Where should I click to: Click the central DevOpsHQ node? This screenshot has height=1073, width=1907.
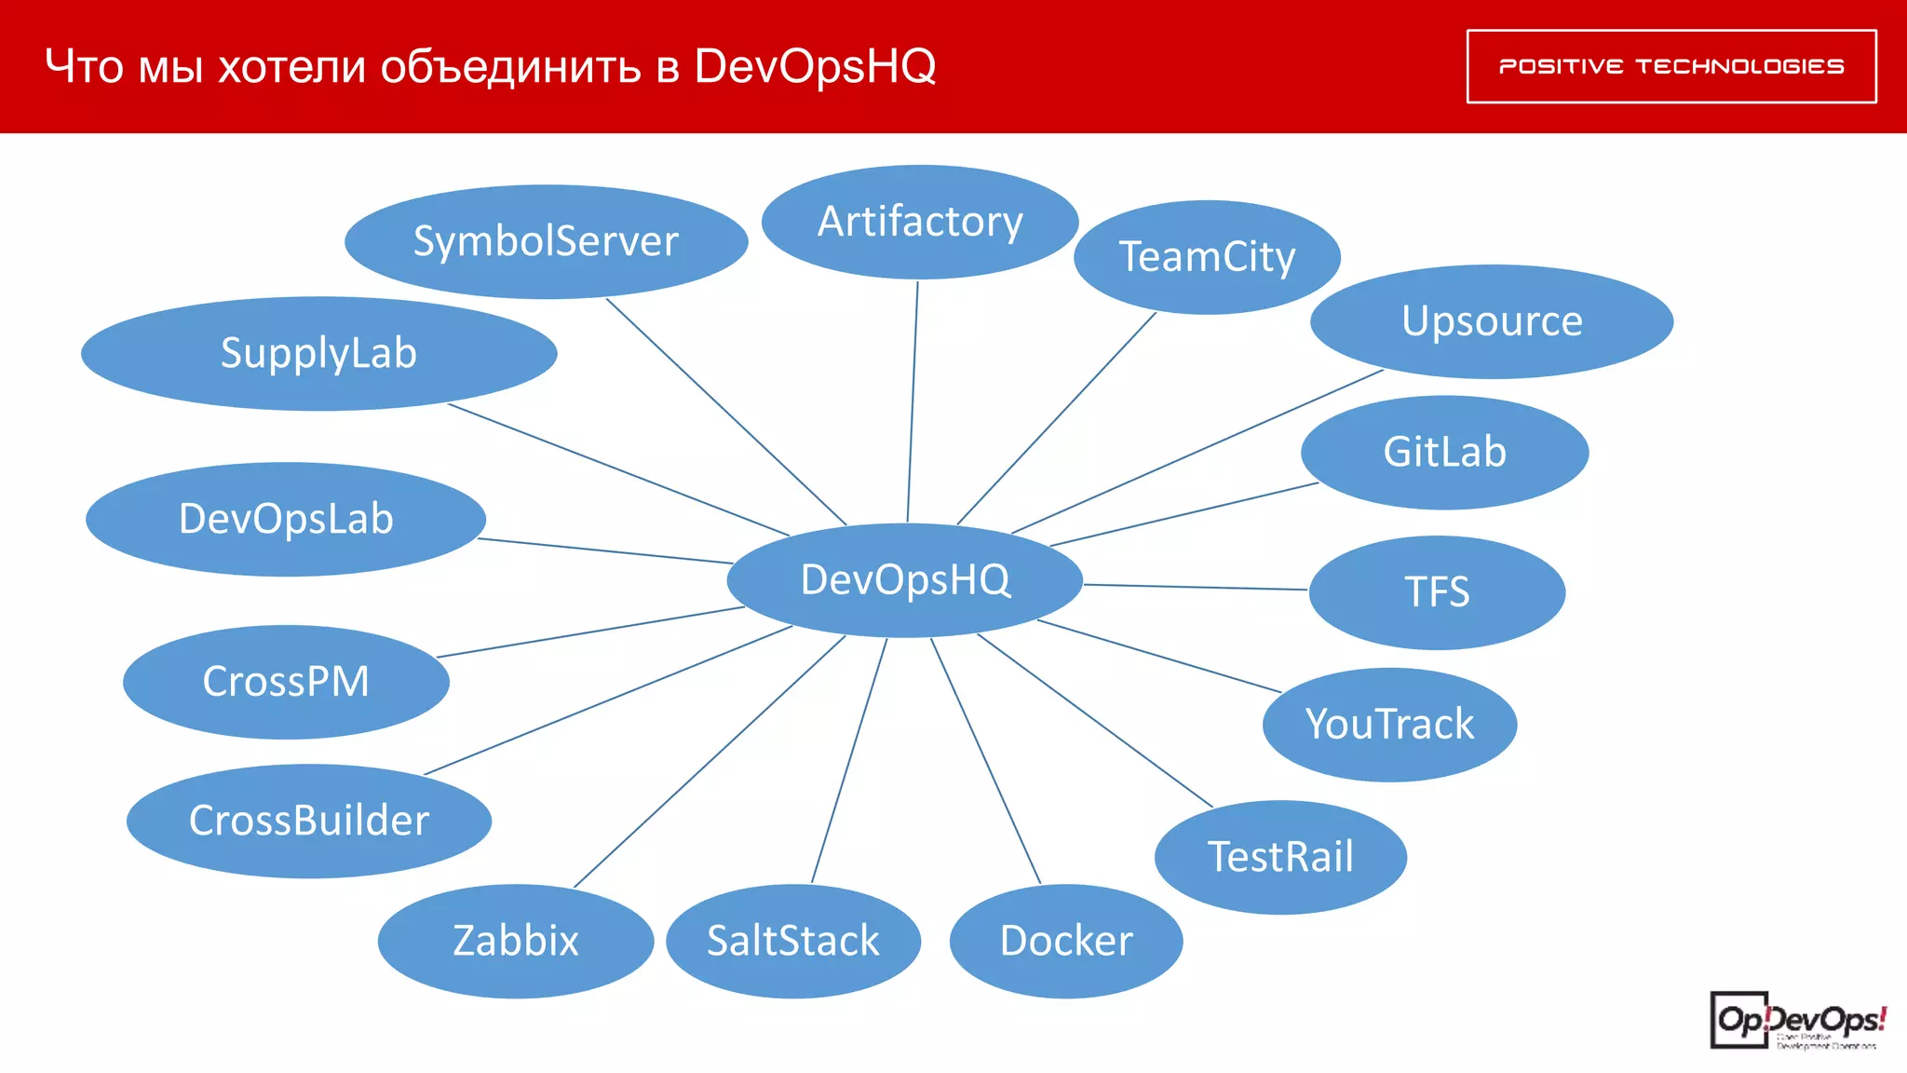(x=904, y=579)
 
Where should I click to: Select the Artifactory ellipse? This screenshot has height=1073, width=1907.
(x=920, y=222)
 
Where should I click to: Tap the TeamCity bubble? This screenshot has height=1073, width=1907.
(x=1207, y=257)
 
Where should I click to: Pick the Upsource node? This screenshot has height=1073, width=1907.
(x=1492, y=321)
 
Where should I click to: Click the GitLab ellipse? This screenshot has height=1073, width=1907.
(x=1444, y=453)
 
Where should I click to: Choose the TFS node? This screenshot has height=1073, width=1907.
(x=1437, y=592)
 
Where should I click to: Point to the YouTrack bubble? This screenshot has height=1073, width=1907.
(x=1389, y=725)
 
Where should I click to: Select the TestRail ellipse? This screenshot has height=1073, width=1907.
(x=1280, y=857)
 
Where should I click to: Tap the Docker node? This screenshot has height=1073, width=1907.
(x=1066, y=941)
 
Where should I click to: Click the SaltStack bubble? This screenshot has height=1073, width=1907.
(x=793, y=941)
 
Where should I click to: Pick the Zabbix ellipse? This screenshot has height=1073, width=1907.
(x=516, y=941)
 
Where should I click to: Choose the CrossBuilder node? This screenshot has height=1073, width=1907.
(x=309, y=821)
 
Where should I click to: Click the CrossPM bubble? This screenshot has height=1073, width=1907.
(x=286, y=682)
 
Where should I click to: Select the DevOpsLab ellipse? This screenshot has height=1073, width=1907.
(x=286, y=519)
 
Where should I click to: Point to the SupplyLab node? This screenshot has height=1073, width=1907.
(x=318, y=354)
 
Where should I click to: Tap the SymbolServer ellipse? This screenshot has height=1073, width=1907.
(x=546, y=241)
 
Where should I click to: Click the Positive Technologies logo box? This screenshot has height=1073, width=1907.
(x=1671, y=66)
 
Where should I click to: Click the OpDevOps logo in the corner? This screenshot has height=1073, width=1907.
(x=1797, y=1022)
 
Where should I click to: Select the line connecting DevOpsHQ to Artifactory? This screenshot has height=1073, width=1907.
(x=913, y=401)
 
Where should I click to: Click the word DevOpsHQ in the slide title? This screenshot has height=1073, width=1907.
(x=815, y=66)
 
